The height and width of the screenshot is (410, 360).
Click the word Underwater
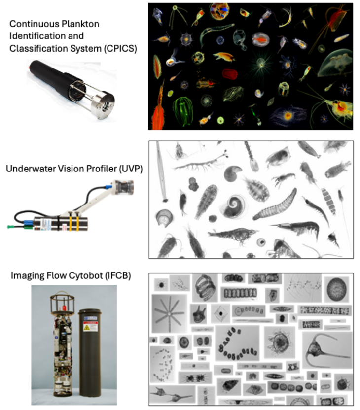pyautogui.click(x=28, y=168)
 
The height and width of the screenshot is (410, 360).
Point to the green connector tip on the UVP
pyautogui.click(x=10, y=228)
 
